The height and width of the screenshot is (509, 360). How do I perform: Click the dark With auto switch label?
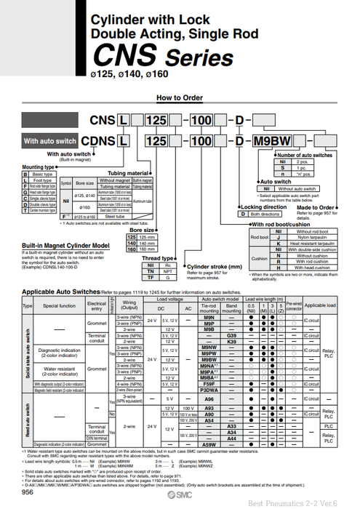tap(50, 141)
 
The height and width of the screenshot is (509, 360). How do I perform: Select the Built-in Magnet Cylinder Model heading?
tap(65, 247)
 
